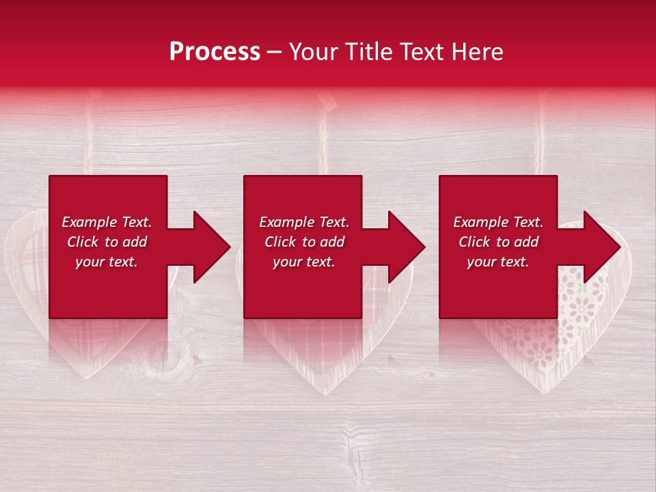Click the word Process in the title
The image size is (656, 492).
(x=215, y=52)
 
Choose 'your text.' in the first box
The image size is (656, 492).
(x=107, y=262)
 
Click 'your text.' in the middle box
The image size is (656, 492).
(x=303, y=262)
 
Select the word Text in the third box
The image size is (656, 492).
(x=527, y=222)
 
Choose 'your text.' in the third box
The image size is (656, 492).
(x=497, y=262)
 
